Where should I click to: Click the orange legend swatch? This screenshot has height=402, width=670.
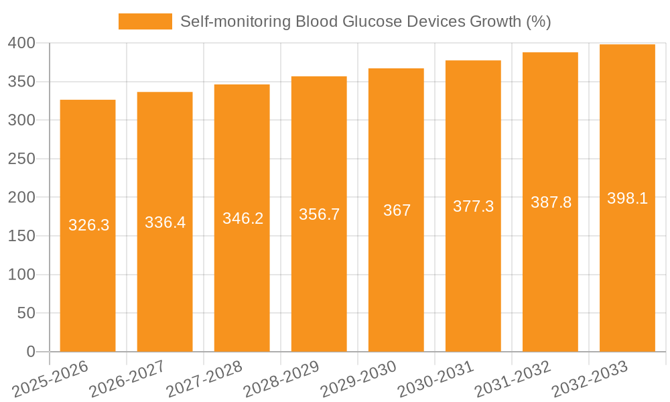coord(145,21)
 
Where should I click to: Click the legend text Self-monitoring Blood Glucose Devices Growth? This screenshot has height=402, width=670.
coord(365,21)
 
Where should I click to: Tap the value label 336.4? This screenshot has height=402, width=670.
coord(165,222)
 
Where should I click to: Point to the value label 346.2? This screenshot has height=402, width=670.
coord(242,218)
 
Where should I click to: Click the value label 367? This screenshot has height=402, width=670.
coord(397,210)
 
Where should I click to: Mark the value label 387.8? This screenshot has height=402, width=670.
coord(551,202)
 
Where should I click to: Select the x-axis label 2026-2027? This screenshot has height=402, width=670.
coord(128,379)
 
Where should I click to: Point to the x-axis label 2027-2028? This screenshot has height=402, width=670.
coord(205,379)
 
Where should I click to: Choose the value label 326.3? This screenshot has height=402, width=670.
coord(88,225)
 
